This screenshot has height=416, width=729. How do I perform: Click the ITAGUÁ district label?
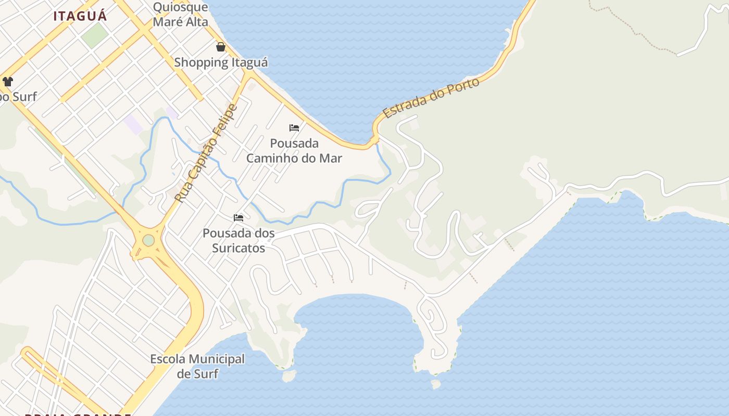pos(80,16)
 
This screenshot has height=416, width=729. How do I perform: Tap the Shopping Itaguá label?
pos(221,62)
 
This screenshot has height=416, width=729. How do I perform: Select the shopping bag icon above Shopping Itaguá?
pos(221,47)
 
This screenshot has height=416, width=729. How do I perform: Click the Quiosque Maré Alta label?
pos(180,15)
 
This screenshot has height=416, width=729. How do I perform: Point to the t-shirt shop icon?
pos(8,81)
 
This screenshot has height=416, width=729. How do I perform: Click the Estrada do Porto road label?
pos(431,98)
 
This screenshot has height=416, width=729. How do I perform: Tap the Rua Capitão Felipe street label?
pos(205,154)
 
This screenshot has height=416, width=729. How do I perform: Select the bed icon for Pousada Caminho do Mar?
pos(294,128)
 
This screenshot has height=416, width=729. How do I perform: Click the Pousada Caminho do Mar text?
pos(294,150)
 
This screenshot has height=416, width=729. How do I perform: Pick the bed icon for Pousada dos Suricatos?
pos(238,218)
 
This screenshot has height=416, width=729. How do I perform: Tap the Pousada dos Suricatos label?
pos(238,240)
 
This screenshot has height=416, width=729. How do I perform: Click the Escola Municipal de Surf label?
pos(197,366)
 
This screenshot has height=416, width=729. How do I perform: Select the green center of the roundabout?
pos(148,240)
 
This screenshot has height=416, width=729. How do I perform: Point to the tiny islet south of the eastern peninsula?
pos(436,384)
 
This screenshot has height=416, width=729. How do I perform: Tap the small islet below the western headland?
pos(288,375)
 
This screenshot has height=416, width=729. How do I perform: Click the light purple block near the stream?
pos(133,124)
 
